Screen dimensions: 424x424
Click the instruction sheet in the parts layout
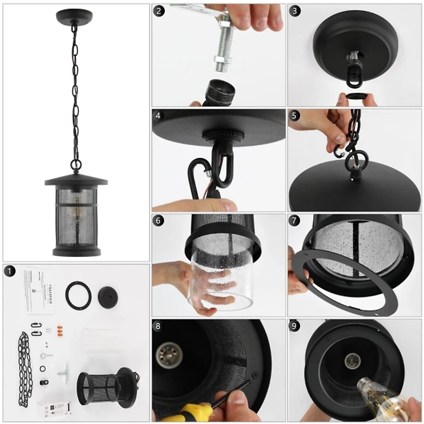point(39,292)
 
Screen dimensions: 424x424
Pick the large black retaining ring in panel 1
point(78,295)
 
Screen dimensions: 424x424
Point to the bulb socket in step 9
point(351,363)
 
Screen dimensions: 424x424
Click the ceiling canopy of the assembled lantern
point(75,16)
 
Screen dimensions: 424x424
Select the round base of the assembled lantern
point(76,250)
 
